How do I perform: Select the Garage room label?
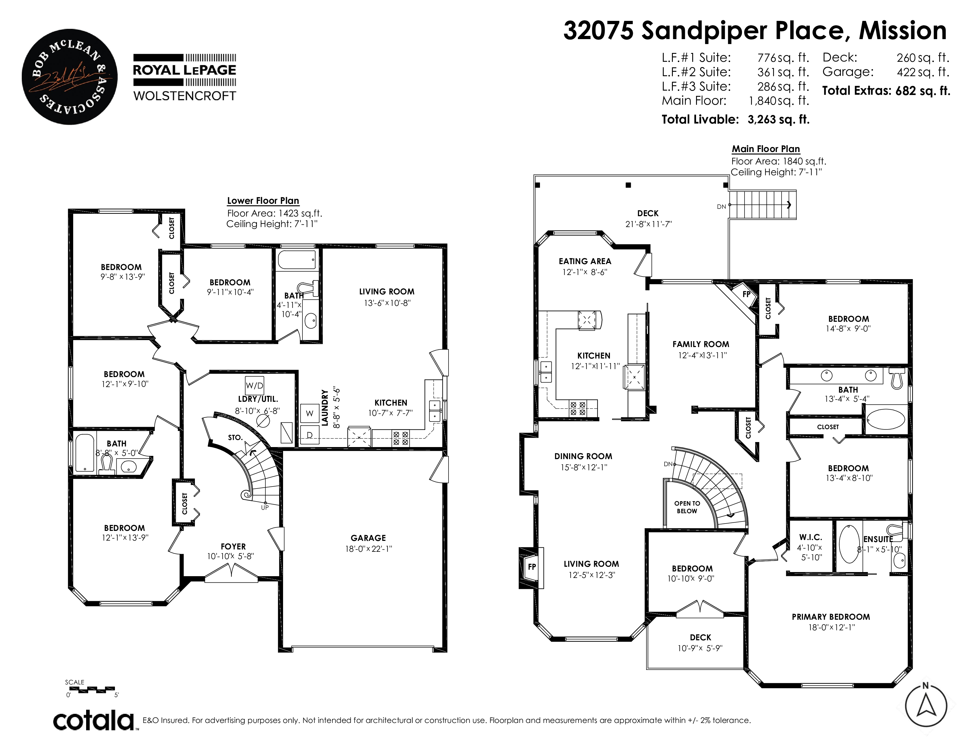pos(368,538)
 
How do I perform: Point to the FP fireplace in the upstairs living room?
pos(532,566)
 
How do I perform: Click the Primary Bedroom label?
pos(831,617)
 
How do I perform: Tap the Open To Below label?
pos(687,507)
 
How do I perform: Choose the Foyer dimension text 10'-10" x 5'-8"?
pos(230,556)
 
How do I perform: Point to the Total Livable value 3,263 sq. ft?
pos(779,119)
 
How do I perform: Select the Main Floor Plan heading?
pos(766,149)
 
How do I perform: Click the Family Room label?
pos(700,344)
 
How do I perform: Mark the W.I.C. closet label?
pos(811,537)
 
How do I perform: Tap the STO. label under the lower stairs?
pos(235,438)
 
